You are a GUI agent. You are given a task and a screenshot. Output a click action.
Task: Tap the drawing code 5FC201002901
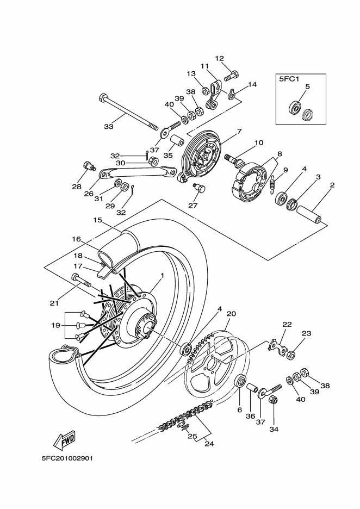coord(67,458)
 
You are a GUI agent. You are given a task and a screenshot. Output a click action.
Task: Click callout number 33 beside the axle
coord(108,126)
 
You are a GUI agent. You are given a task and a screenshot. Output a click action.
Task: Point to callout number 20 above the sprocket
coord(231,314)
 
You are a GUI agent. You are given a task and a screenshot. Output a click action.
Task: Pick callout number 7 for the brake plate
coord(239,131)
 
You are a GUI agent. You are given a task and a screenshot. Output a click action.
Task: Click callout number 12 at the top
coord(219,58)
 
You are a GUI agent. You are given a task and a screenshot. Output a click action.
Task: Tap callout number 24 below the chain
coord(209,443)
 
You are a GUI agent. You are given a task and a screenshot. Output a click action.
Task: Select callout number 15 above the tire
coord(97,220)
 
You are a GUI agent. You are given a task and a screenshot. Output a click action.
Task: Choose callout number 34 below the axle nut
coord(274,429)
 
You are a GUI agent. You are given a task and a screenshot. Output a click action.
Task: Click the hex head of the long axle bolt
coord(103,98)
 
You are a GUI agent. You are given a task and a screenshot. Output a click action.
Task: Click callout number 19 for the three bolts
coord(56,325)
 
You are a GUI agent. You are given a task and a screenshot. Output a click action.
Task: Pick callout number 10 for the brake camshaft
coord(259,142)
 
